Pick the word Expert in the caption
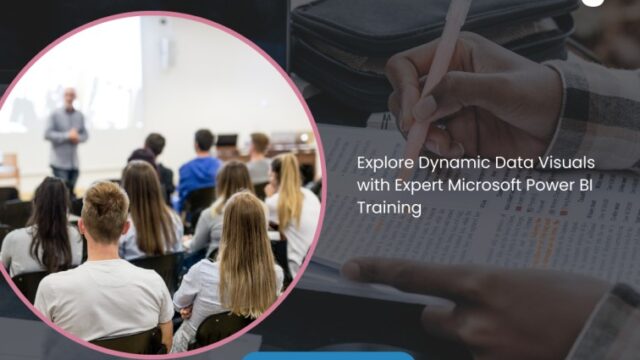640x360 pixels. point(418,185)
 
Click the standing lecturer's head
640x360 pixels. point(69,97)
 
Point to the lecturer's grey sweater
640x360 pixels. point(66,135)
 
